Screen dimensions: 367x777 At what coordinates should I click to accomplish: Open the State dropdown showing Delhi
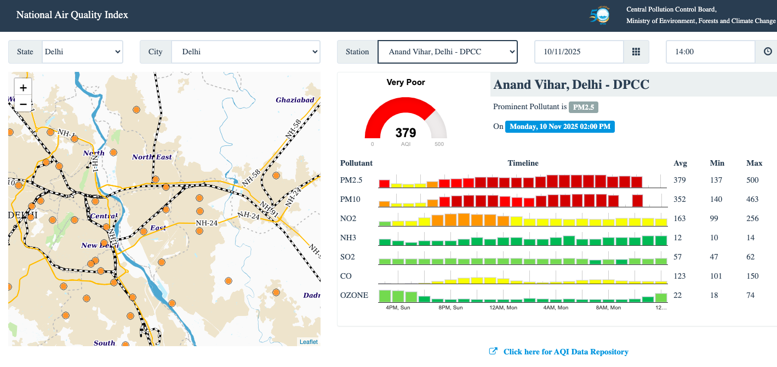[82, 52]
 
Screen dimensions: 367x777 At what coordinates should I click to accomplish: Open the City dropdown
[245, 52]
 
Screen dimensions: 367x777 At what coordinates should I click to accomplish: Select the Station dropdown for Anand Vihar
[447, 52]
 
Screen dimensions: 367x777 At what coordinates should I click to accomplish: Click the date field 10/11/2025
[579, 52]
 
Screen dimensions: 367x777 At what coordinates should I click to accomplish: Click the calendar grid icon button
[636, 52]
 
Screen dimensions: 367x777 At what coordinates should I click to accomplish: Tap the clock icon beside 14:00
[768, 52]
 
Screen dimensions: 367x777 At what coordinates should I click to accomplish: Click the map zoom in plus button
[23, 88]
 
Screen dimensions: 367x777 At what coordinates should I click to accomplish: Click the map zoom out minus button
[23, 103]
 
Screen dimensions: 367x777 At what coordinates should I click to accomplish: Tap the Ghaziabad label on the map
[295, 100]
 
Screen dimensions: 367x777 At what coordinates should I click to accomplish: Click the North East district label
[152, 157]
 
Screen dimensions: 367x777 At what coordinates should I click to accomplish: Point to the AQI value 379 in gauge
[405, 133]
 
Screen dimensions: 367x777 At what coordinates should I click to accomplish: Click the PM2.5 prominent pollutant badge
[583, 107]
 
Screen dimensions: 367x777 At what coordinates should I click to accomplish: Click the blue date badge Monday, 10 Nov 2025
[559, 127]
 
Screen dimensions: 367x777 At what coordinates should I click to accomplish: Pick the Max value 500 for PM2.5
[754, 180]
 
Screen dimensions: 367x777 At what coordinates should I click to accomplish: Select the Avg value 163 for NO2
[680, 218]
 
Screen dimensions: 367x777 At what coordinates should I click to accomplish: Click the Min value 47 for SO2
[716, 257]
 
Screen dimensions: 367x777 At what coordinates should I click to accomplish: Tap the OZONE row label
[354, 295]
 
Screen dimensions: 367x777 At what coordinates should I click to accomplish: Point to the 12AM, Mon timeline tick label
[503, 308]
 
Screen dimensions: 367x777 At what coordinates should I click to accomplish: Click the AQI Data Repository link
[565, 352]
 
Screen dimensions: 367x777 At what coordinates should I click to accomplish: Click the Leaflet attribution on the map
[308, 342]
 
